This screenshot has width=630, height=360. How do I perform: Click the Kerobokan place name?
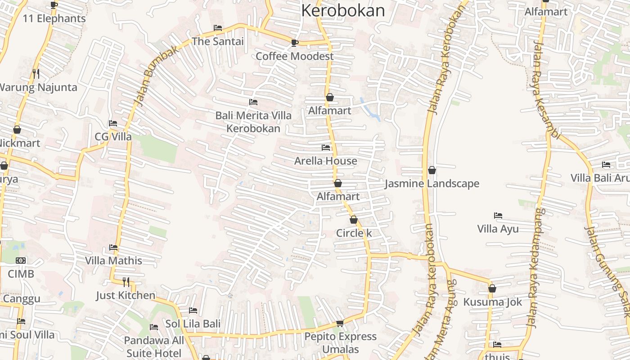click(343, 10)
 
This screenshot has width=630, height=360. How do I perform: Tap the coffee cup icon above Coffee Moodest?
click(294, 43)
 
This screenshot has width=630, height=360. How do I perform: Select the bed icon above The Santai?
click(218, 28)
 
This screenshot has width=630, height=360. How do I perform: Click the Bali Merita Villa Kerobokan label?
click(253, 122)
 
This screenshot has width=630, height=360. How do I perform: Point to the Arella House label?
click(325, 161)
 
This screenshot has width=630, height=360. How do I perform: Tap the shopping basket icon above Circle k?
click(354, 220)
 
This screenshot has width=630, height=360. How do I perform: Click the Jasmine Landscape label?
click(432, 184)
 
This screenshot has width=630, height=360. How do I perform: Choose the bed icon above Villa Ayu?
click(498, 216)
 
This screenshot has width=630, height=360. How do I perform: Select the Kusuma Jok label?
click(493, 302)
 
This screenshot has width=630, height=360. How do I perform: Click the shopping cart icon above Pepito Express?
click(340, 323)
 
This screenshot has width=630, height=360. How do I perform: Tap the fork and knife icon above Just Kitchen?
click(126, 282)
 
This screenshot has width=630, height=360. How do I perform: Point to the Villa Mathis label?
click(113, 261)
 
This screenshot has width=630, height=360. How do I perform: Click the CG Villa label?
click(113, 136)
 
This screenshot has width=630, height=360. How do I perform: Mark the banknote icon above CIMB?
click(21, 261)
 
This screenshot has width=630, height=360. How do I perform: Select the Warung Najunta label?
click(38, 87)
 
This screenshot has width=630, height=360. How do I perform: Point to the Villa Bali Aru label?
click(600, 178)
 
